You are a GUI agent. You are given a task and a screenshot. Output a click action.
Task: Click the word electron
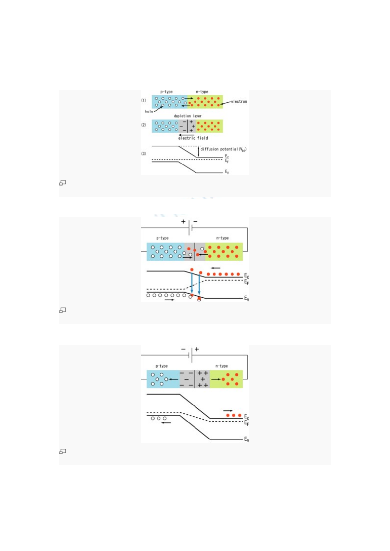click(x=239, y=101)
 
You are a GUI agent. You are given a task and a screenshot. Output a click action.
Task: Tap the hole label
click(x=149, y=112)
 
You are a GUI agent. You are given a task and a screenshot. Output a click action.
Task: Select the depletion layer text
click(x=188, y=116)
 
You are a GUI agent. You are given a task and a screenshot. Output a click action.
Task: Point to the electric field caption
click(x=193, y=138)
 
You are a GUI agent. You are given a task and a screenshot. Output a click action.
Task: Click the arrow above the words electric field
click(x=187, y=135)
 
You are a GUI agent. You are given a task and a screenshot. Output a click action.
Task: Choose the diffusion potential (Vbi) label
click(x=224, y=149)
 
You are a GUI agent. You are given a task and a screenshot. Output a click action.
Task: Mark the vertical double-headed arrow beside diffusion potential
click(x=198, y=152)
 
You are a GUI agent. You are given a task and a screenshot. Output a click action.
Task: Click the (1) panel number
click(x=143, y=100)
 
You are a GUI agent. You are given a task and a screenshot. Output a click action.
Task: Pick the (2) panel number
click(x=143, y=125)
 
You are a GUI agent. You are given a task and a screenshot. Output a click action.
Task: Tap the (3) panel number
click(x=143, y=154)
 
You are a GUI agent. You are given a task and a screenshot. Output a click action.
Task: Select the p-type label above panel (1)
click(x=167, y=92)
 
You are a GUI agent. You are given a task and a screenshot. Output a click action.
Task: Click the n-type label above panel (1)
click(x=202, y=92)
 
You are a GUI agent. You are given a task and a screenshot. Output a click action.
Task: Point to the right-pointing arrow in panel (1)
click(x=189, y=98)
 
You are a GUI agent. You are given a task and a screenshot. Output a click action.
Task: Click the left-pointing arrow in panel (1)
click(x=186, y=106)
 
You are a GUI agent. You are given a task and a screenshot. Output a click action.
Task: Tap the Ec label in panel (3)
click(x=227, y=156)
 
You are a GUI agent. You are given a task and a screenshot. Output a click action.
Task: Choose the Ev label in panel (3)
click(x=227, y=172)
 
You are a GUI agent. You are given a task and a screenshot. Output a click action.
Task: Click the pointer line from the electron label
click(x=226, y=103)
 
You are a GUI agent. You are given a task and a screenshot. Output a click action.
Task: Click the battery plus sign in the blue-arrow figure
click(x=183, y=222)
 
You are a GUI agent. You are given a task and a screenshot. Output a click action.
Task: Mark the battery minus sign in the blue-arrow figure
click(x=195, y=221)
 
